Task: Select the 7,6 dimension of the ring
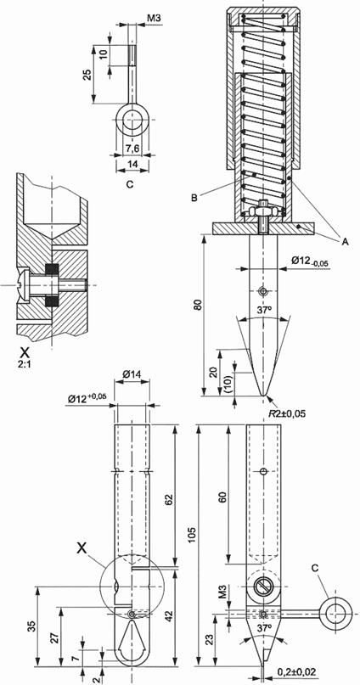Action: point(132,149)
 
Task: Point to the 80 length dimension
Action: point(200,306)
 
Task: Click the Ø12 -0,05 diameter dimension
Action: point(310,261)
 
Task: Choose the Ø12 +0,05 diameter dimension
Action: point(88,398)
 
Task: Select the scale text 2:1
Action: point(25,363)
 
